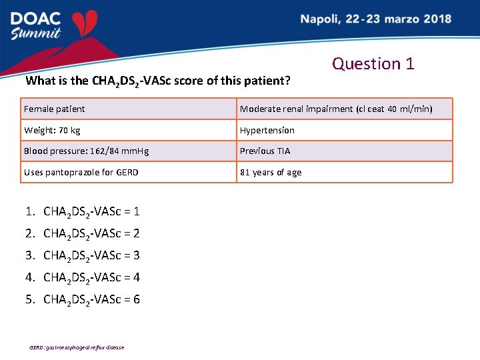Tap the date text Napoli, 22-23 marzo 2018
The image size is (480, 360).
coord(375,19)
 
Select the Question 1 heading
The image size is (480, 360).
coord(373,64)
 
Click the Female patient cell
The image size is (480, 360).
coord(129,109)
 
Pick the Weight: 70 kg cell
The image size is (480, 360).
coord(129,130)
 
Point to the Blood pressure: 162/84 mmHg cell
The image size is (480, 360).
coord(129,151)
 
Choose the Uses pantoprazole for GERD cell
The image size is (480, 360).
coord(129,172)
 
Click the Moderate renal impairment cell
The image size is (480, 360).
coord(344,109)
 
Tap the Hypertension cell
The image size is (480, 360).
coord(344,130)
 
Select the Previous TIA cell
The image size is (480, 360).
coord(344,151)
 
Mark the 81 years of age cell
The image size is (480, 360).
coord(344,172)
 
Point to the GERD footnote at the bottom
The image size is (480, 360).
coord(77,347)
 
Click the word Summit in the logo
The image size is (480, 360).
coord(37,33)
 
